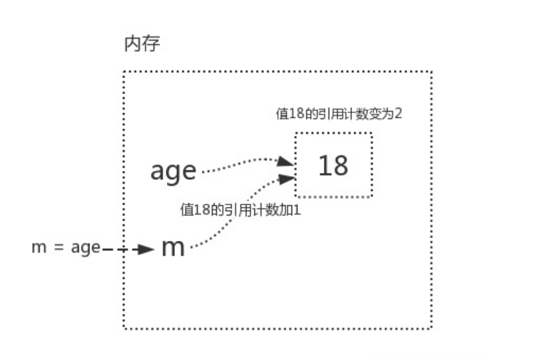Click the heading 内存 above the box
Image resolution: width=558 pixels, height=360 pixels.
click(x=142, y=44)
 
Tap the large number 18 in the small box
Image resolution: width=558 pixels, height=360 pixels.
click(x=333, y=165)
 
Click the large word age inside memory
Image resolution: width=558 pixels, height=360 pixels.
click(x=172, y=171)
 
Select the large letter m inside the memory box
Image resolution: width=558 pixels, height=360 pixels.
click(x=173, y=248)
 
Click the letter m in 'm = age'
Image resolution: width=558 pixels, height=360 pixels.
click(x=38, y=248)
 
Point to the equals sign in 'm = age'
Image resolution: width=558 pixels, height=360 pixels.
click(x=59, y=248)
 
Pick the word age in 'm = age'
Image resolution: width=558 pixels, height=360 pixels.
click(x=85, y=248)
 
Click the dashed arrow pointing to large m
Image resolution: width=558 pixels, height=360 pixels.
click(x=128, y=249)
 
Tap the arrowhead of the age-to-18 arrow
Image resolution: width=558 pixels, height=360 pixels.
click(x=287, y=162)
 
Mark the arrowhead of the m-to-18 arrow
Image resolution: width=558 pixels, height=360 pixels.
click(x=287, y=179)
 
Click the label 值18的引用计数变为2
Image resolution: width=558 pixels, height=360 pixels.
click(x=339, y=114)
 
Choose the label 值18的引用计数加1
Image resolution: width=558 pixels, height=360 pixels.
click(x=239, y=209)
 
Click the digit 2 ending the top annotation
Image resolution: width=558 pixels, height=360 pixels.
click(x=398, y=114)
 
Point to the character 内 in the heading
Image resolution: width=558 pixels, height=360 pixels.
click(x=133, y=44)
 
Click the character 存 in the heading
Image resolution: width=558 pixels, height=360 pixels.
click(x=151, y=44)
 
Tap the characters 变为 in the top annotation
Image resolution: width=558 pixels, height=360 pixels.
click(x=383, y=114)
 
